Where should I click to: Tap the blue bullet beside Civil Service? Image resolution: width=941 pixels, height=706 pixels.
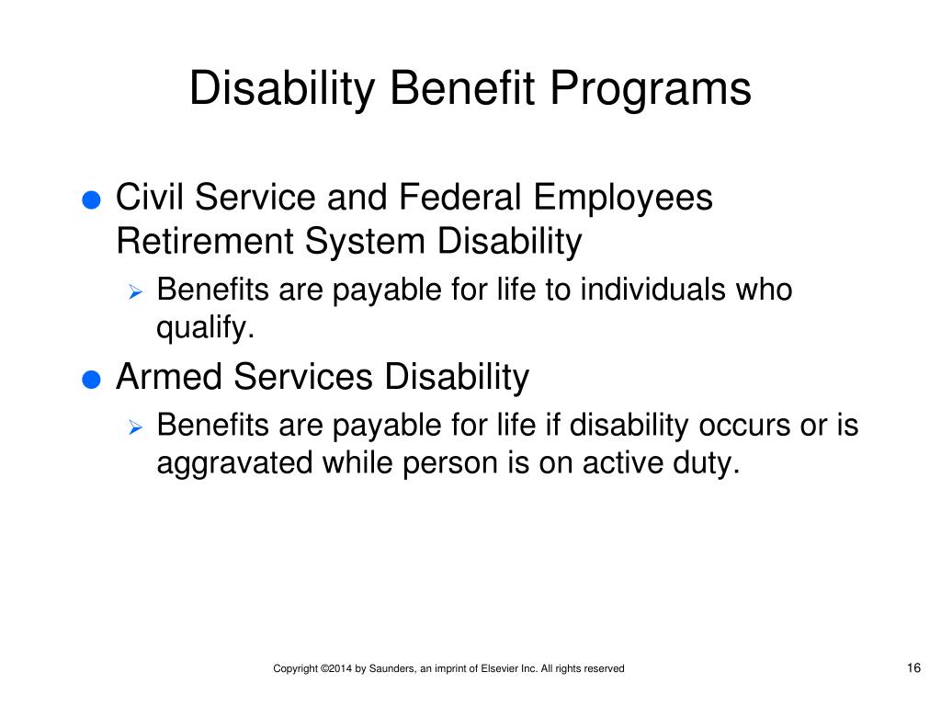[90, 202]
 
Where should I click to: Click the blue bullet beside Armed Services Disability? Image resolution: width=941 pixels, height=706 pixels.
[90, 381]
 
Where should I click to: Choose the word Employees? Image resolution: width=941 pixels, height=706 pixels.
[624, 198]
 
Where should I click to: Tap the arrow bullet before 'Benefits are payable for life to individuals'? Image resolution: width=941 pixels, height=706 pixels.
[134, 293]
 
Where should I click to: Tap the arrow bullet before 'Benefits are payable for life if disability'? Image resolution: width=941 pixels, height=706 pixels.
[134, 428]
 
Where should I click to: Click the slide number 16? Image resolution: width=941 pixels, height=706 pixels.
[913, 668]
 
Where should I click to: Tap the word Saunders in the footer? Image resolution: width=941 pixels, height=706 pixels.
[386, 669]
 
